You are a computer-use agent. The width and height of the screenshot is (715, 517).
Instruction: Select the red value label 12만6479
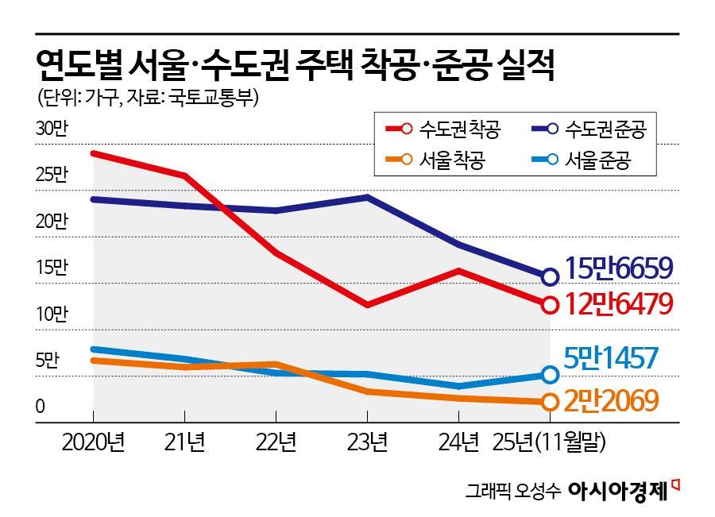pos(619,303)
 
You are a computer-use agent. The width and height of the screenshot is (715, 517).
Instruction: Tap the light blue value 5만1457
pos(611,359)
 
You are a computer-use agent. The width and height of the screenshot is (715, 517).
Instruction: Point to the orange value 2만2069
pos(611,402)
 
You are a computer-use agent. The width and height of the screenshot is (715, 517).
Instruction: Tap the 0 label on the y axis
pos(40,407)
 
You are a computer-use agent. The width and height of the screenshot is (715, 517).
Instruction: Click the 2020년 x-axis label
pos(93,442)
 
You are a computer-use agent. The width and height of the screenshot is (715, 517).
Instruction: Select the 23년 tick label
pos(368,442)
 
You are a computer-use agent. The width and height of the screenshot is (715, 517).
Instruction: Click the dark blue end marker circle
pos(549,276)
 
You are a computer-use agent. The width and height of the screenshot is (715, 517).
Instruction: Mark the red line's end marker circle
pos(549,304)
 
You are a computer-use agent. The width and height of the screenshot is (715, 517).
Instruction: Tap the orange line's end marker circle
pos(549,402)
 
